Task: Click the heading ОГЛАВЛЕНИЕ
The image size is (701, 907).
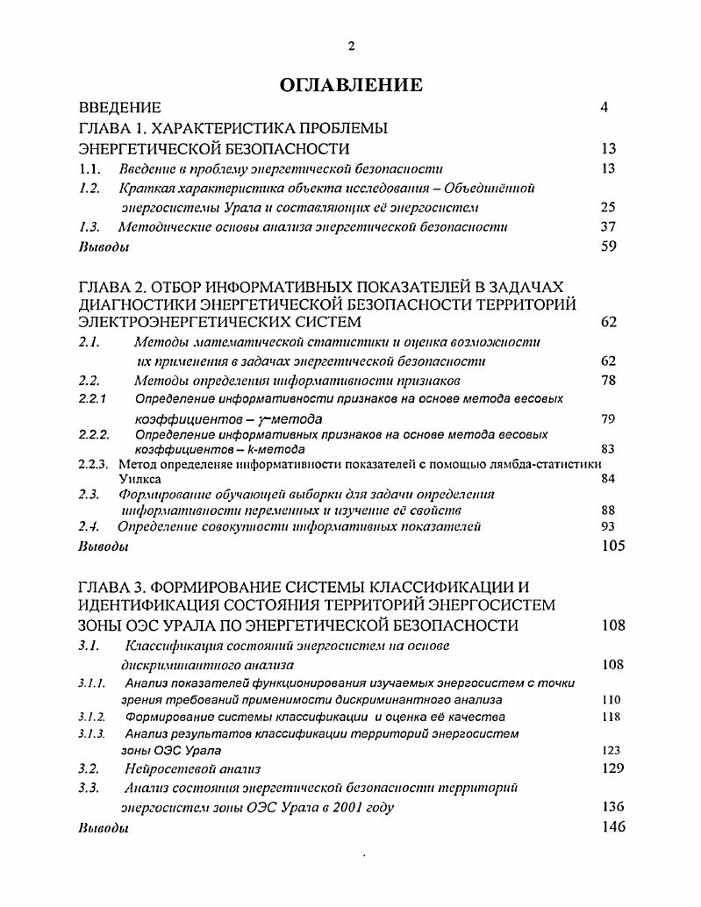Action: [350, 85]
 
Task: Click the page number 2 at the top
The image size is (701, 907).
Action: [351, 46]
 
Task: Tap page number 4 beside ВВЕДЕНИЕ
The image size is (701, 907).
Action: [604, 108]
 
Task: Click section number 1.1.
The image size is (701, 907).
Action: [89, 168]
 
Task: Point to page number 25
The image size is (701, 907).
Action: [609, 207]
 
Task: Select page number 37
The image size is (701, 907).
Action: [609, 226]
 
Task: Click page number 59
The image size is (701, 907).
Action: [609, 246]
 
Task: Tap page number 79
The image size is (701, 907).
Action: [609, 418]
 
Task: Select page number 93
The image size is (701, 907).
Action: [609, 526]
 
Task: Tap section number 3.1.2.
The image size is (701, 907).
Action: [92, 717]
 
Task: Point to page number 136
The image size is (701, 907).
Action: [612, 807]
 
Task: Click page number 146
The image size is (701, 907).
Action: [612, 827]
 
